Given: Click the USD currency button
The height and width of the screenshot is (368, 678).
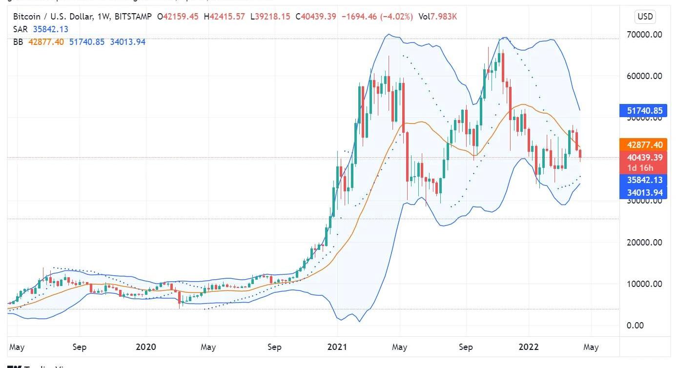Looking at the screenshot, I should pos(645,17).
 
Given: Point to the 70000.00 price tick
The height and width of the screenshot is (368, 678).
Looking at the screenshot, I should pos(644,35).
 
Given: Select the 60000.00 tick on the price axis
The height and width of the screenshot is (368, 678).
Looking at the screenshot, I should pos(644,76).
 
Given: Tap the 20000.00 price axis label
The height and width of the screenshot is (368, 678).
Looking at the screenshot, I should pos(644,243).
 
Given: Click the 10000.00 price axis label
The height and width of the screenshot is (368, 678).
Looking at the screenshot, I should pos(644,284).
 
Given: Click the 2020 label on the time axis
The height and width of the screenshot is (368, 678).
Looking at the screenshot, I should pos(145,347).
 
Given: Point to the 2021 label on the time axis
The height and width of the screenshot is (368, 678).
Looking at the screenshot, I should pos(337,347).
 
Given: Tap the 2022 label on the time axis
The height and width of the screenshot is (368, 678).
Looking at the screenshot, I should pos(528,347).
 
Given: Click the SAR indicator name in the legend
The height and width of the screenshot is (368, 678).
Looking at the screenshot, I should pos(21,29).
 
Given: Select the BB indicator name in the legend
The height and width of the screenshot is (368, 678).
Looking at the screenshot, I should pos(18,42).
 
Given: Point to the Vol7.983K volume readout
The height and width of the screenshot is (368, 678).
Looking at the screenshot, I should pos(437,17).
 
